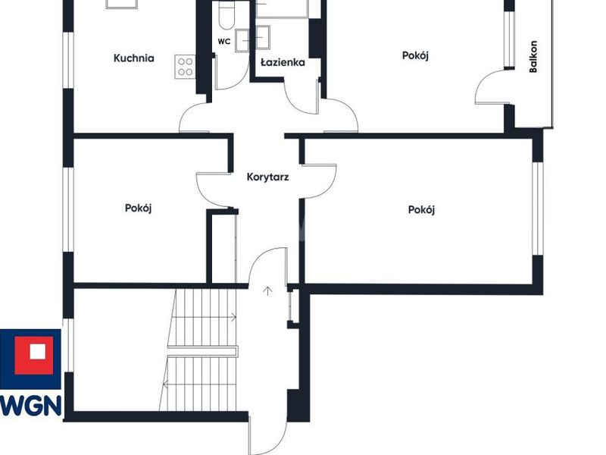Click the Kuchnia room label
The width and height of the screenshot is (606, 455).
click(134, 58)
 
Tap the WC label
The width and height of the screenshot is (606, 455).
click(224, 42)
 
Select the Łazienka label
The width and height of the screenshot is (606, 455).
click(283, 62)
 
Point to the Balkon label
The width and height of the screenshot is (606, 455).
click(533, 56)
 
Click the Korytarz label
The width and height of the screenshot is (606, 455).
click(267, 177)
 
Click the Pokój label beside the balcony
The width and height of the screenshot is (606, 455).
click(415, 55)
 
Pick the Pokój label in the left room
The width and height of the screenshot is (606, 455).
click(138, 208)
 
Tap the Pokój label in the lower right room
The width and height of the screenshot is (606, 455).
click(421, 210)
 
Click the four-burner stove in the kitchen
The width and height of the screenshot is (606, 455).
click(185, 67)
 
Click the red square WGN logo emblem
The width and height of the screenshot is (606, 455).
click(34, 355)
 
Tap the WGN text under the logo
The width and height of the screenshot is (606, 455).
click(31, 406)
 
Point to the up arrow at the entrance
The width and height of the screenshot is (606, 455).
click(267, 291)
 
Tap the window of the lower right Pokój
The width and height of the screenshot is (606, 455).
click(538, 209)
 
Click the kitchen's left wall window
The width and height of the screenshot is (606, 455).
click(68, 61)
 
